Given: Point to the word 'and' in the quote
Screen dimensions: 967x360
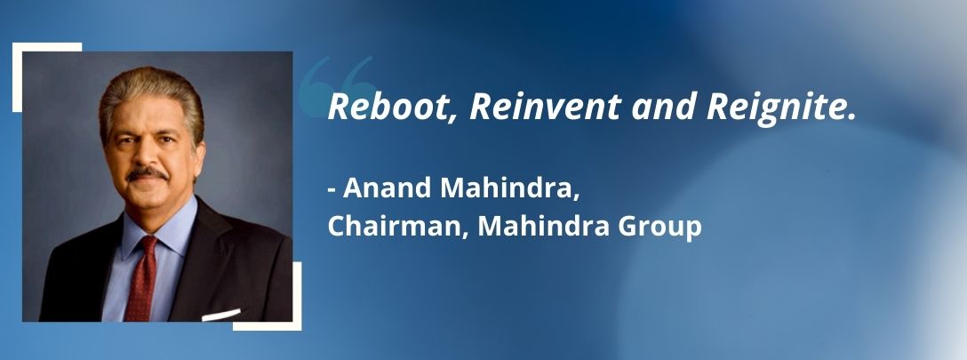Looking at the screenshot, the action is (x=662, y=107).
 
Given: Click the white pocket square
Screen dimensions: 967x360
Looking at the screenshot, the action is (x=220, y=315).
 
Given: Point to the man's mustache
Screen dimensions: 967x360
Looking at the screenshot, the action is (x=147, y=174).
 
